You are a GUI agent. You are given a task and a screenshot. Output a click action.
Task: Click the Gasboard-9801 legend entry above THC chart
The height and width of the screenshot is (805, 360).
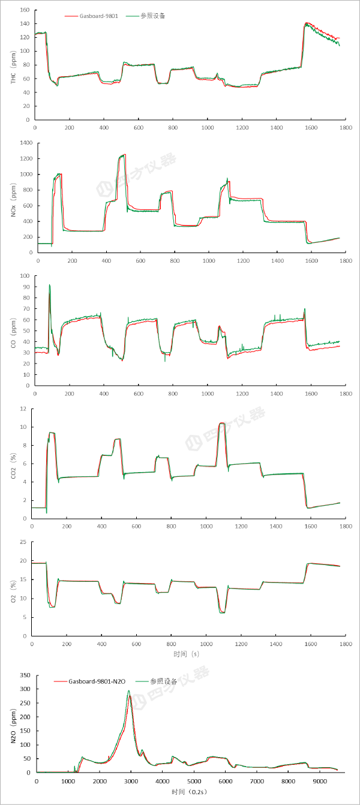click(x=99, y=16)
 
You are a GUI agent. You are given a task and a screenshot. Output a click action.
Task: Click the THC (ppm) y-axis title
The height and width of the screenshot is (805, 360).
click(x=13, y=65)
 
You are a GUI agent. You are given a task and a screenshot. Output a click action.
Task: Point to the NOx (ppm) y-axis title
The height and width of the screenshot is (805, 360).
click(x=13, y=198)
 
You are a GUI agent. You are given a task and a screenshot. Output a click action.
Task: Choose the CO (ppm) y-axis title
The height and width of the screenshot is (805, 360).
click(x=13, y=331)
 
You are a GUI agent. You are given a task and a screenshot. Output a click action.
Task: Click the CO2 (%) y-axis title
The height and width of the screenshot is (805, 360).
click(x=13, y=464)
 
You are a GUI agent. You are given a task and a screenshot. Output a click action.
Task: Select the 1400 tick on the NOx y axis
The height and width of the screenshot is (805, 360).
click(x=25, y=143)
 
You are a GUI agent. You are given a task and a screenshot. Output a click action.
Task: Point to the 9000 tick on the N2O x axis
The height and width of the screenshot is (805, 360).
click(x=320, y=782)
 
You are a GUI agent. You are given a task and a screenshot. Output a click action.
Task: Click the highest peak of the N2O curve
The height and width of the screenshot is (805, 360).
click(x=128, y=690)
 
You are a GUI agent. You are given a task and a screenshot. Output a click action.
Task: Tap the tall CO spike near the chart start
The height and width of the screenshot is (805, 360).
click(x=49, y=285)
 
